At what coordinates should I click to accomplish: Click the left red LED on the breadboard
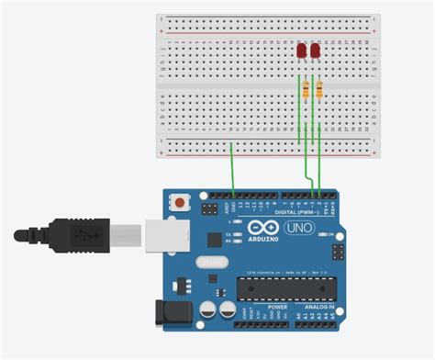[303, 51]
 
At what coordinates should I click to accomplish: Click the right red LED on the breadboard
[317, 51]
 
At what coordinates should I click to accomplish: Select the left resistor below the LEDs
[306, 89]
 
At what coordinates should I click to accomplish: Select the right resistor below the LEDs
[318, 89]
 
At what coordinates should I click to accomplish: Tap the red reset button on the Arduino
[183, 201]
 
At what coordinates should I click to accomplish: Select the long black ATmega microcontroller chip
[284, 287]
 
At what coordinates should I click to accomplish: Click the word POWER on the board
[252, 307]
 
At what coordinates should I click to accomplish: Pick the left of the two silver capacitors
[207, 309]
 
